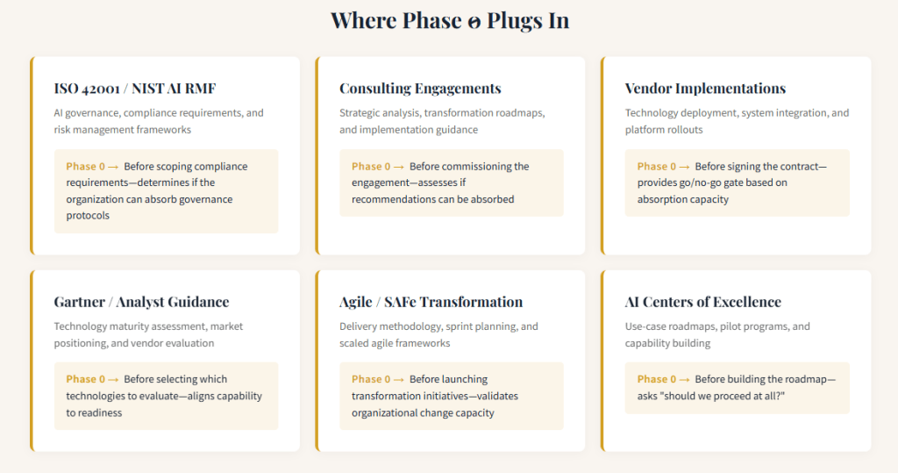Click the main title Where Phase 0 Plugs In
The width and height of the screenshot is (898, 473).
450,21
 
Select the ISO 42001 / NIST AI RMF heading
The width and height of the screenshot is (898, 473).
134,89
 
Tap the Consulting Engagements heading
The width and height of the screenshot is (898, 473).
420,89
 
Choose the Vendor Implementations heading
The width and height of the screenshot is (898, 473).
705,89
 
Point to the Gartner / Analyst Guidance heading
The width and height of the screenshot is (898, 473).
141,302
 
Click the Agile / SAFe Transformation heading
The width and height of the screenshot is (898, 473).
431,302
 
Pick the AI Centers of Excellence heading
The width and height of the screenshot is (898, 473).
702,302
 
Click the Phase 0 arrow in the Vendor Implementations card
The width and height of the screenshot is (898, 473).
684,167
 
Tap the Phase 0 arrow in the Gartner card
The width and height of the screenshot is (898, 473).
113,380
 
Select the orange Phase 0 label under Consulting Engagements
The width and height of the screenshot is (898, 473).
371,166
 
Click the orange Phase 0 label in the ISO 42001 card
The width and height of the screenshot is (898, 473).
85,166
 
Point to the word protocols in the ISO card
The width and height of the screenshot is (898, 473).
88,216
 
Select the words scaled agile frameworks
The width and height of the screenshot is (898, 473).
395,343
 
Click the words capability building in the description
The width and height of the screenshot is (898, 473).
667,343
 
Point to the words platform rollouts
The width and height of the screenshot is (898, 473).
664,130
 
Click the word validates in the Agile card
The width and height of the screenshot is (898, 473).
497,396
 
